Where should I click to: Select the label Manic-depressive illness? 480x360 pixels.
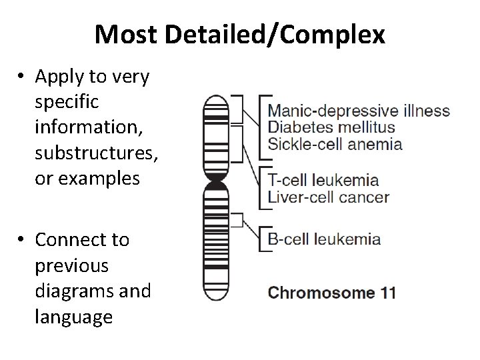click(x=359, y=111)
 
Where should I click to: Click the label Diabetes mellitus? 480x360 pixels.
click(x=331, y=127)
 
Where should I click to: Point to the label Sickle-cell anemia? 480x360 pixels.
click(x=335, y=143)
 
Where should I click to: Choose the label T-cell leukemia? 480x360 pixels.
click(x=323, y=180)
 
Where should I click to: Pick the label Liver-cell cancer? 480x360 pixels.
click(x=328, y=196)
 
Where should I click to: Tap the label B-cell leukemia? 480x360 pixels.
click(x=324, y=239)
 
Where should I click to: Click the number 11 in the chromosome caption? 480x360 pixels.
click(x=387, y=292)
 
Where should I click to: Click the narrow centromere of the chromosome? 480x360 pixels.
click(x=215, y=181)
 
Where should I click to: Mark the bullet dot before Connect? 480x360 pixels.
click(x=23, y=239)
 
